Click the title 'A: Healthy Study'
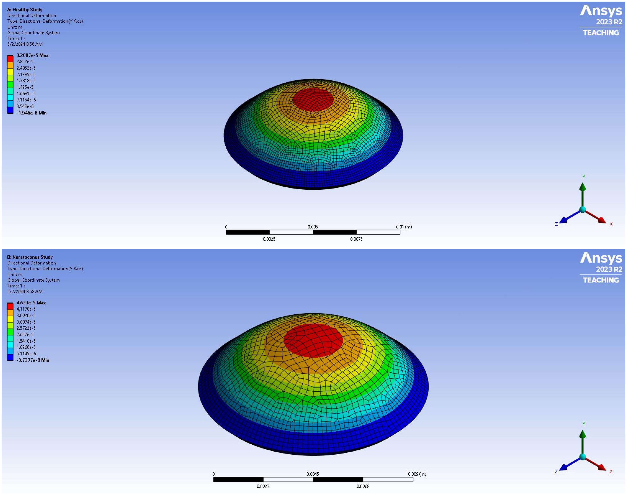coord(25,10)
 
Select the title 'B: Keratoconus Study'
coord(30,257)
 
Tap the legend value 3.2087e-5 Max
coord(32,55)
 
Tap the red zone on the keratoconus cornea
coord(313,340)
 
